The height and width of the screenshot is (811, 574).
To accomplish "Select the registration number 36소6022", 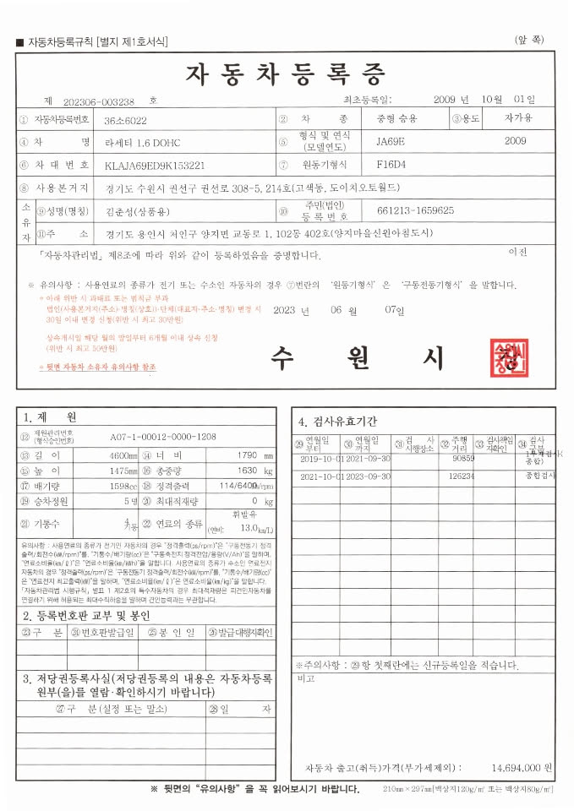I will click(126, 120).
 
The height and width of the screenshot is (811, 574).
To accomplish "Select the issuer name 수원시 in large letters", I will click(356, 359).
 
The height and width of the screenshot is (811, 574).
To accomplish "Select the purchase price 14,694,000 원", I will click(522, 768).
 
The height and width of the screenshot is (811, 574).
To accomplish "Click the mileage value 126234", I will click(462, 476).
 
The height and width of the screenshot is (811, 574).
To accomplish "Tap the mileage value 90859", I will click(463, 459).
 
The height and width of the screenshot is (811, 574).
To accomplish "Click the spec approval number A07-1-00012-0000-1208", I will click(163, 437).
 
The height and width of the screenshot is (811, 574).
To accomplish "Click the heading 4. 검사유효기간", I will click(337, 421).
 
